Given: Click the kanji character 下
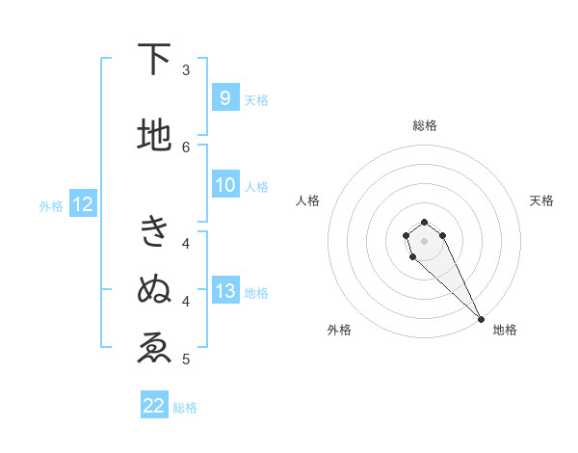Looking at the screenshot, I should [x=154, y=61].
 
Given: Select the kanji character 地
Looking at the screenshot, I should [x=154, y=136].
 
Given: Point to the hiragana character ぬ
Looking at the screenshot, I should [x=154, y=289].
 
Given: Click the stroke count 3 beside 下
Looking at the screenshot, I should [x=186, y=70].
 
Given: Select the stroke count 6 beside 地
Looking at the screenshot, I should [x=186, y=147].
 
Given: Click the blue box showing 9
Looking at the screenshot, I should [x=224, y=98].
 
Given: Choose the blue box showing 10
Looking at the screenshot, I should [x=225, y=185].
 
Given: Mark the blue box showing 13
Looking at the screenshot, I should [x=225, y=291].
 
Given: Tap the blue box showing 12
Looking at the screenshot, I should [x=83, y=204].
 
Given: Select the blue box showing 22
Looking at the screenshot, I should [x=154, y=406].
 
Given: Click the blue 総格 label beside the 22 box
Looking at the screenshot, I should [x=185, y=408].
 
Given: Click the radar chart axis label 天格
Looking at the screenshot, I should [x=542, y=200].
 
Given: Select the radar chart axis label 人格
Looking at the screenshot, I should [x=307, y=200].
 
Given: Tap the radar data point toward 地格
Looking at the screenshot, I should [x=481, y=319].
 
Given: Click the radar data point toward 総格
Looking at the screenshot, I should [x=424, y=222].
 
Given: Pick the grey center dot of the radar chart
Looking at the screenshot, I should [x=424, y=240].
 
